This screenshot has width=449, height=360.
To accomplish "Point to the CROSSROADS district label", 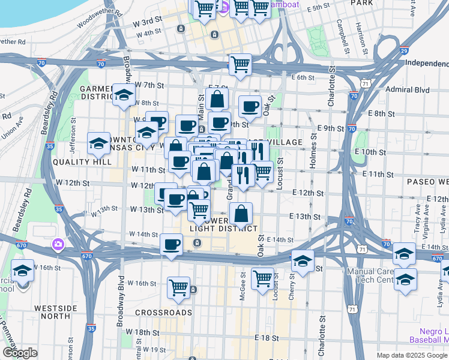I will tap(163, 313).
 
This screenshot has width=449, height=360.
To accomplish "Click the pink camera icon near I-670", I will tap(58, 244).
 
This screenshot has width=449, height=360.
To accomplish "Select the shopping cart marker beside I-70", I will tap(240, 64).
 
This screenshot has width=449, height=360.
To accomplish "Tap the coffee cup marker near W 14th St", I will tap(172, 244).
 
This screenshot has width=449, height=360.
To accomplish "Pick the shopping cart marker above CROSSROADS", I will tap(178, 287).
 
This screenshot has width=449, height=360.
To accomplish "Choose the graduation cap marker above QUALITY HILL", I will tap(99, 143).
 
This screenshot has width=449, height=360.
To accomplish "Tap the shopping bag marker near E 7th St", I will tap(217, 99).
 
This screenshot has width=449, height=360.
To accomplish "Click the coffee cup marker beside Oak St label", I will tap(250, 106).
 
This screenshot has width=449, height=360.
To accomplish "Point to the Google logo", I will tap(19, 353).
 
